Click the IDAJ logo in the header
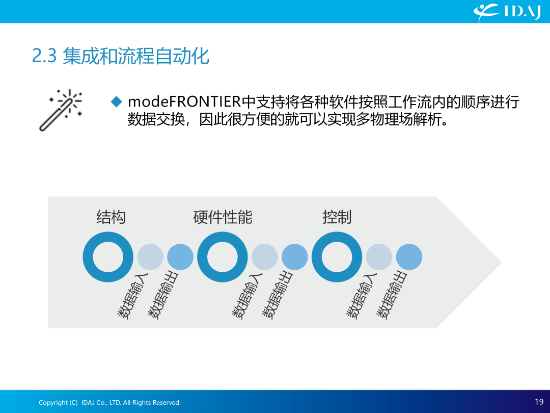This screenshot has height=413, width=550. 507,12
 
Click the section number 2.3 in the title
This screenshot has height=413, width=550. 44,56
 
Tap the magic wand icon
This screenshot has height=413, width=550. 61,110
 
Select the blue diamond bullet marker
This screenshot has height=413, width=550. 116,102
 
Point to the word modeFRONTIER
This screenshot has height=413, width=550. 184,102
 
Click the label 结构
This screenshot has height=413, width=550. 111,217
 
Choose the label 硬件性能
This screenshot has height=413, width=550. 223,217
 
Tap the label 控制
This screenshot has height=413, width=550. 337,217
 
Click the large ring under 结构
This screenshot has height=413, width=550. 88,256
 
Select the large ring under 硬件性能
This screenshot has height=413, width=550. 202,256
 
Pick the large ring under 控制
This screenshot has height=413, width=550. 317,256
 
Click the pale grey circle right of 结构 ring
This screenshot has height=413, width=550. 150,256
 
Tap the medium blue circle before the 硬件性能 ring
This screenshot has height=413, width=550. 180,256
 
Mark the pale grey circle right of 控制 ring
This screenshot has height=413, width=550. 379,256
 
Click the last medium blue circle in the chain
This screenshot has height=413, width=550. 409,256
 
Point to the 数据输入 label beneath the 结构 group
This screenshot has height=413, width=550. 132,296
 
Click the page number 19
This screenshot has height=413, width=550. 539,402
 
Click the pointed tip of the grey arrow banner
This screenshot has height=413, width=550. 501,262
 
